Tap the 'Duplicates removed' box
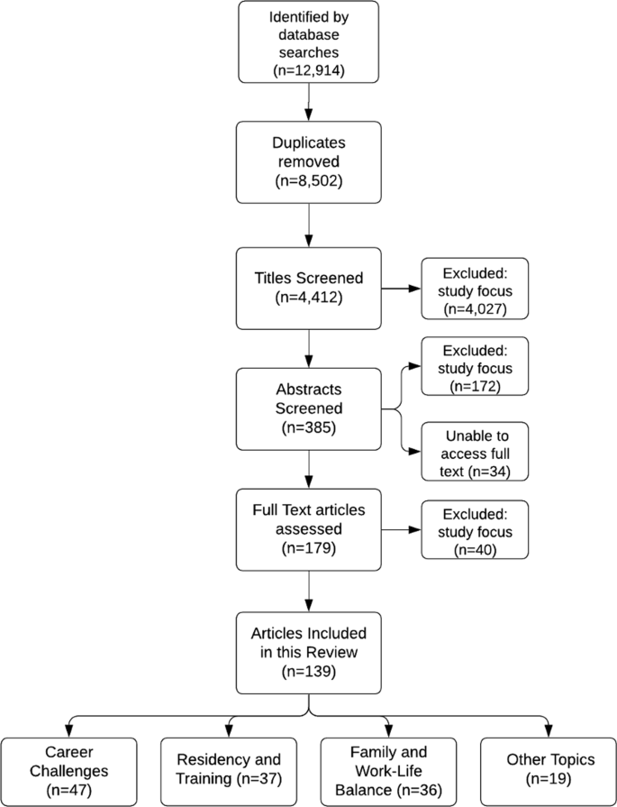point(309,162)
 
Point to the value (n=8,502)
point(309,183)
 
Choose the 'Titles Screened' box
point(309,289)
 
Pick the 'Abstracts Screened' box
point(309,409)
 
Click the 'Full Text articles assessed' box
point(309,529)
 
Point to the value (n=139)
point(309,673)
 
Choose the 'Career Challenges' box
point(69,770)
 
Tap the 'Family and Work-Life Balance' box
point(387,770)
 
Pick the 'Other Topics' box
point(548,770)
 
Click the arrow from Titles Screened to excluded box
point(400,289)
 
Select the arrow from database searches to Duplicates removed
point(309,105)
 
